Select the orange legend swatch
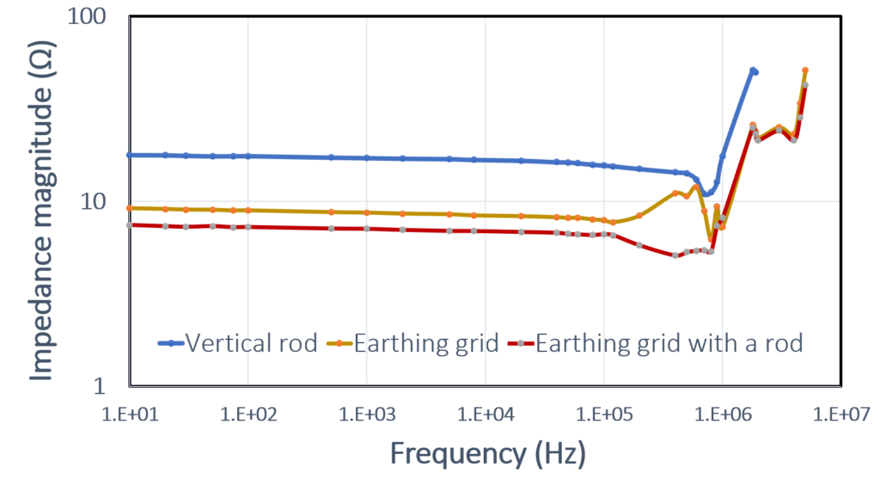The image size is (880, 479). pyautogui.click(x=329, y=347)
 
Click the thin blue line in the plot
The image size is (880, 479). pyautogui.click(x=344, y=157)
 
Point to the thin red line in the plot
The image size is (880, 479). pyautogui.click(x=344, y=229)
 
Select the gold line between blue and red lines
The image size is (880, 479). pyautogui.click(x=344, y=212)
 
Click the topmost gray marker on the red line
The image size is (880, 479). pyautogui.click(x=806, y=84)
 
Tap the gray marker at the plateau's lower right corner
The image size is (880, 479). pyautogui.click(x=794, y=140)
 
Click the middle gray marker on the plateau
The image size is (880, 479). pyautogui.click(x=779, y=130)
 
